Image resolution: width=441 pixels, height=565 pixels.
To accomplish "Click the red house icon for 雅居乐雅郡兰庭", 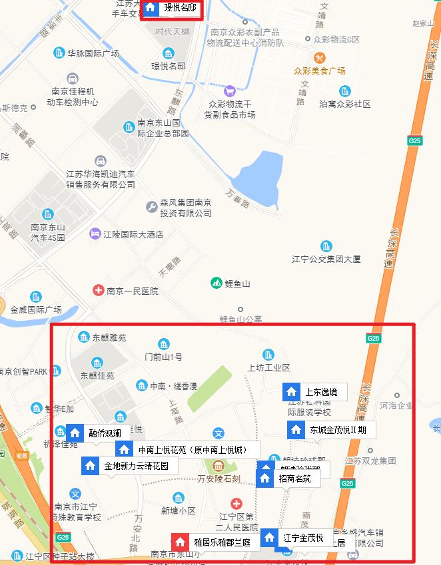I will click(180, 541).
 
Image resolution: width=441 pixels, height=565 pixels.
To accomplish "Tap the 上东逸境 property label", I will click(320, 392).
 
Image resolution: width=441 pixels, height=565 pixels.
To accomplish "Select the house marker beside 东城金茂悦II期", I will click(296, 429).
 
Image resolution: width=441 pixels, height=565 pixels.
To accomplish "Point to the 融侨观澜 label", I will click(105, 433).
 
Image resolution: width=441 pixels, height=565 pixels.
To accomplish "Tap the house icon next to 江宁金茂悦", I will click(269, 537).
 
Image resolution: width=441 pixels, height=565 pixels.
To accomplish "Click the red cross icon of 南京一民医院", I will click(99, 291).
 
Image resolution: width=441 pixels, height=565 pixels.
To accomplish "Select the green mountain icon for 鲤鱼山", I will click(216, 283).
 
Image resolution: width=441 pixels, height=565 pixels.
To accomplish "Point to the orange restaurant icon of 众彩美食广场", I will click(319, 58).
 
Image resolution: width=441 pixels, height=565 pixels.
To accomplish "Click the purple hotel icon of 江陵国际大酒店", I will click(95, 234).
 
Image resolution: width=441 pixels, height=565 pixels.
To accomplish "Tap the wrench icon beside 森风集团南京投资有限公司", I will click(151, 208).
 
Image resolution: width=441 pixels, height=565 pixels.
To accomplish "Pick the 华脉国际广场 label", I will click(93, 53).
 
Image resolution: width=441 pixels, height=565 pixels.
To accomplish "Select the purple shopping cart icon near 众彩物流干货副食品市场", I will click(230, 91).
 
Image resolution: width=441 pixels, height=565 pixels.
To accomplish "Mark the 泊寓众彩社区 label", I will click(344, 104).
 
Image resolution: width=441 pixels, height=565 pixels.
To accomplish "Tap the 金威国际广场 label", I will click(36, 309).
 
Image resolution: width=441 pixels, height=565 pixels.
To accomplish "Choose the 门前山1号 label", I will click(164, 357).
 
